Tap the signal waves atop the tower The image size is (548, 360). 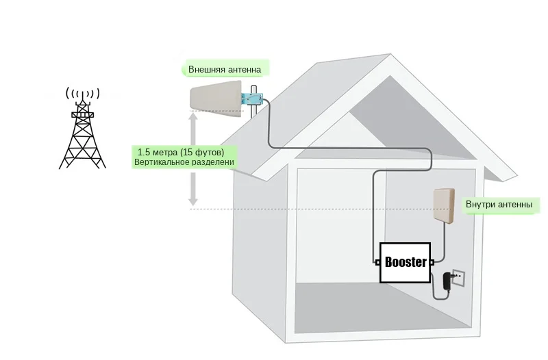point(82,93)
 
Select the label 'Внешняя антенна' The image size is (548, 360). point(224,69)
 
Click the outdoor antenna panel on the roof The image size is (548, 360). point(216,101)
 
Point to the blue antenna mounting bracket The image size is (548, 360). point(253,100)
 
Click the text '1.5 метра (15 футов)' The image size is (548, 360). point(181,151)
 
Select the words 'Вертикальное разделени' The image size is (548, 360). point(184,162)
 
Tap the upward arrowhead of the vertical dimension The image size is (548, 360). point(193,118)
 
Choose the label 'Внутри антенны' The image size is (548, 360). point(499,204)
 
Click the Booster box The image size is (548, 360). point(405,262)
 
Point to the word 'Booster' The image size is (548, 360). point(406,262)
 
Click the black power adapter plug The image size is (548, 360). point(447,280)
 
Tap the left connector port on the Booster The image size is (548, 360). point(377,261)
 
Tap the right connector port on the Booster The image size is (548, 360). point(432,261)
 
